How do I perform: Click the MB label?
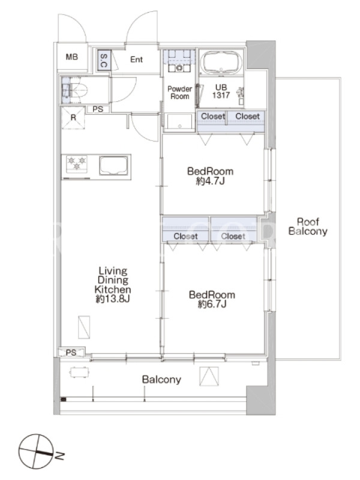(71, 56)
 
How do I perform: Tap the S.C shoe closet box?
(104, 60)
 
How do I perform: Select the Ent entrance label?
(136, 59)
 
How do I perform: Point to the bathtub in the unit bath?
(221, 62)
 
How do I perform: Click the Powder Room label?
(179, 92)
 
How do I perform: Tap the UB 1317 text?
(221, 91)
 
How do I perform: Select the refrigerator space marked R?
(73, 117)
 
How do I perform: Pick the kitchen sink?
(113, 166)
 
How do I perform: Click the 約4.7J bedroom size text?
(211, 181)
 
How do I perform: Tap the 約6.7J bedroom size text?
(212, 304)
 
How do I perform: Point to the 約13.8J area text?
(113, 299)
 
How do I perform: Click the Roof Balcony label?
(308, 226)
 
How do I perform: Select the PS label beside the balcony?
(71, 352)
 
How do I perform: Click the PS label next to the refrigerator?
(98, 109)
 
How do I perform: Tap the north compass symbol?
(36, 451)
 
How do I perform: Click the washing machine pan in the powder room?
(179, 122)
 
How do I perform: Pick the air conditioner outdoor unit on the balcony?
(209, 376)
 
